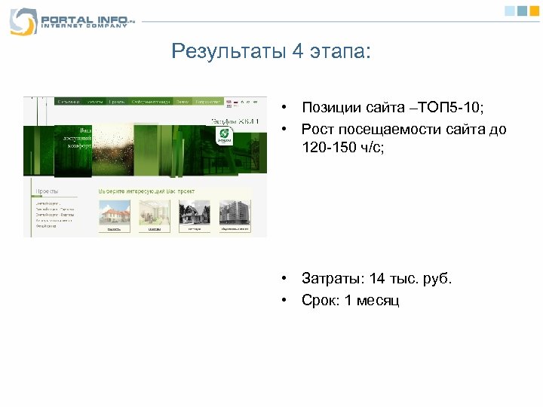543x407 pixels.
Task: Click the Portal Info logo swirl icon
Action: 23,20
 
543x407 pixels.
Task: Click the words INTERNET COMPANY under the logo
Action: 79,26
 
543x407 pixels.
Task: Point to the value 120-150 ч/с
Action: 342,148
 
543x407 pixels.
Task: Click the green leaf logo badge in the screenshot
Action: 224,136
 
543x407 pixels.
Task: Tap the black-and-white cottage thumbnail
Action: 195,214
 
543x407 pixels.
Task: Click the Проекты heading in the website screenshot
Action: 48,191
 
